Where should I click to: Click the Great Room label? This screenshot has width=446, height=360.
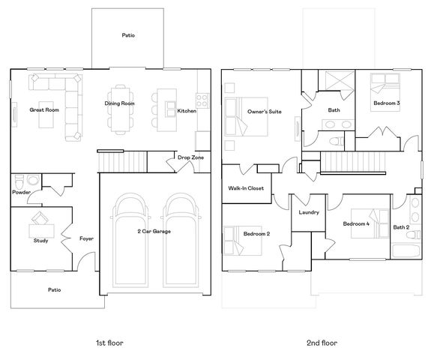pyautogui.click(x=44, y=110)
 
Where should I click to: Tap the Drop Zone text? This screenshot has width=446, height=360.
pyautogui.click(x=190, y=157)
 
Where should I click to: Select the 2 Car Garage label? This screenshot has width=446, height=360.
pyautogui.click(x=154, y=231)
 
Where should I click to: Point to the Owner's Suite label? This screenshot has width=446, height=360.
pyautogui.click(x=264, y=111)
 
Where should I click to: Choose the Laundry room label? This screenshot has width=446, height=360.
pyautogui.click(x=309, y=212)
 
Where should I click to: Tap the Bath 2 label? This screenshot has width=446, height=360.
pyautogui.click(x=401, y=227)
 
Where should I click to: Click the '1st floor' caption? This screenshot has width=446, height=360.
pyautogui.click(x=109, y=342)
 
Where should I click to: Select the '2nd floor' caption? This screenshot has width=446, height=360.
pyautogui.click(x=322, y=342)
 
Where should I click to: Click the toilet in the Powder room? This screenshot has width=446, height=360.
pyautogui.click(x=32, y=180)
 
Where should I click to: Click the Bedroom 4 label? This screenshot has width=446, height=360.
pyautogui.click(x=356, y=224)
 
